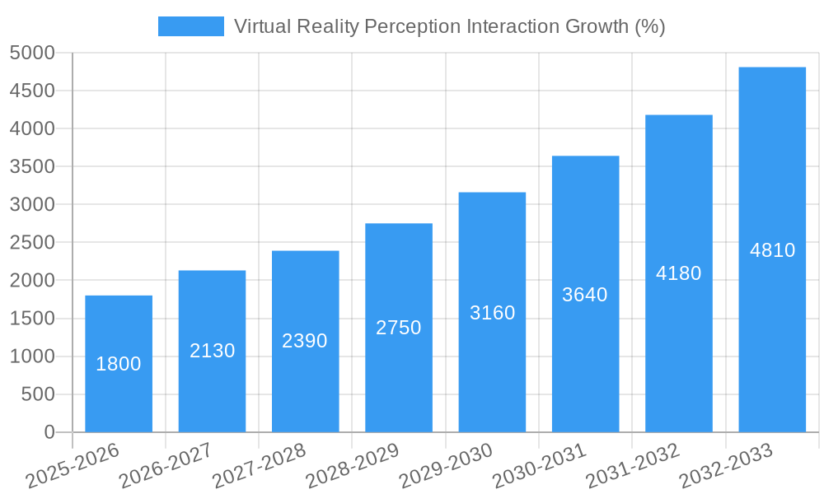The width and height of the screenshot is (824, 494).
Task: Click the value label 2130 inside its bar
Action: tap(212, 351)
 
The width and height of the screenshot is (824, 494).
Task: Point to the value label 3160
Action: tap(492, 313)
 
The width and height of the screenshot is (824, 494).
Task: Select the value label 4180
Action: tap(678, 273)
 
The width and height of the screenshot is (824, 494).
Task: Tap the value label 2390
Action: tap(305, 341)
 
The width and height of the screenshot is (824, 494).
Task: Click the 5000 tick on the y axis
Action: tap(32, 54)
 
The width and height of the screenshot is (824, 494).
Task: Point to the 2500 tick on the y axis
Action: tap(32, 243)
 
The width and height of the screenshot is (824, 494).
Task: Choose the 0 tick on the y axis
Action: tap(49, 432)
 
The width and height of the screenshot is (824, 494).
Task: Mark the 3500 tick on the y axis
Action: tap(32, 167)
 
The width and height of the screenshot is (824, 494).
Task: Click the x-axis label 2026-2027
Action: tap(166, 466)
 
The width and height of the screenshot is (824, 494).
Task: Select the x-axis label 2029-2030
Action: tap(446, 466)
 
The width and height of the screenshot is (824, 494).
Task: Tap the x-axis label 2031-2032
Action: tap(633, 466)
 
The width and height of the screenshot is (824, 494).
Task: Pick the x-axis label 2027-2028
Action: tap(259, 466)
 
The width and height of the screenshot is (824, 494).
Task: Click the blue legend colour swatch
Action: tap(190, 27)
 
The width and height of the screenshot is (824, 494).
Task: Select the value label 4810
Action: tap(772, 250)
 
